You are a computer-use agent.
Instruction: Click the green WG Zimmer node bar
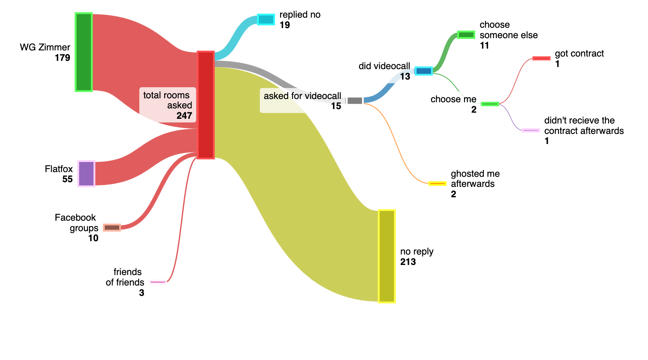(x=84, y=52)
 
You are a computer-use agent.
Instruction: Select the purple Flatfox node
(x=86, y=174)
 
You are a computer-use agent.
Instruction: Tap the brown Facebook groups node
(x=112, y=228)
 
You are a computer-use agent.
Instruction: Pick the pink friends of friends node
(x=158, y=282)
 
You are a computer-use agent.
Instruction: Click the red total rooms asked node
(x=206, y=105)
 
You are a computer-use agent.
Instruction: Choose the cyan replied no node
(x=266, y=19)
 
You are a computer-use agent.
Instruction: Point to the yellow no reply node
(x=387, y=256)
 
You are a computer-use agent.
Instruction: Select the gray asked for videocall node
(x=355, y=100)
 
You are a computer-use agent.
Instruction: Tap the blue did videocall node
(x=423, y=71)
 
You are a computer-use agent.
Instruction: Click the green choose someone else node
(x=466, y=35)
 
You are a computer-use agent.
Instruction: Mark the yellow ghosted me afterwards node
(x=437, y=184)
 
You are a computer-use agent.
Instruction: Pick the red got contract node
(x=541, y=58)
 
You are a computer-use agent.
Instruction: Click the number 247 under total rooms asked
(x=184, y=116)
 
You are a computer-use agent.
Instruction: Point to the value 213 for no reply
(x=408, y=262)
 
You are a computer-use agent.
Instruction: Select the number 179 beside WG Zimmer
(x=62, y=58)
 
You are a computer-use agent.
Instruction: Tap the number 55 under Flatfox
(x=67, y=179)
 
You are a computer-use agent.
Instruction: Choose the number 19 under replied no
(x=285, y=25)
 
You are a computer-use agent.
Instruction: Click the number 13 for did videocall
(x=405, y=76)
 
